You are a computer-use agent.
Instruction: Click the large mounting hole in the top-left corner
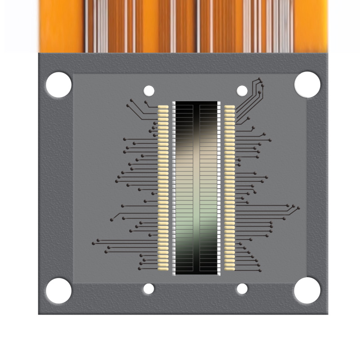point(58,85)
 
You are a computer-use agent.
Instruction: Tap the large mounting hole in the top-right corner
point(307,85)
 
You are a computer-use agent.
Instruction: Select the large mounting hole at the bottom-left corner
point(58,291)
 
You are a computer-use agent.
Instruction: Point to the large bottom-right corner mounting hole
point(307,291)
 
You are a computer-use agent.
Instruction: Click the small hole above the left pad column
point(148,91)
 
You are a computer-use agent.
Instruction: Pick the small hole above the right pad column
point(242,91)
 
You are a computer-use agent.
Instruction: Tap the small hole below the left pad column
point(148,289)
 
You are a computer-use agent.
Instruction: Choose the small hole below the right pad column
point(242,289)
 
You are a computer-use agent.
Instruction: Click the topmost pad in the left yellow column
point(163,107)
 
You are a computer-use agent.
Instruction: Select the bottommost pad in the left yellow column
point(163,269)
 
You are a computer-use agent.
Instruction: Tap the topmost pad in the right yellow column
point(229,107)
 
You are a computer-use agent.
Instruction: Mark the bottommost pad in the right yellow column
point(229,269)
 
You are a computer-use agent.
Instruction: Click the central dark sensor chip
point(196,188)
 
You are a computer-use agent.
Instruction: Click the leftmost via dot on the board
point(93,243)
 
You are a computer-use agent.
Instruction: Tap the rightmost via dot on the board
point(298,208)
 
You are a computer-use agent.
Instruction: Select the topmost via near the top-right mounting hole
point(261,81)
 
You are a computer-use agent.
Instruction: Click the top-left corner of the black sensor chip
point(175,102)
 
